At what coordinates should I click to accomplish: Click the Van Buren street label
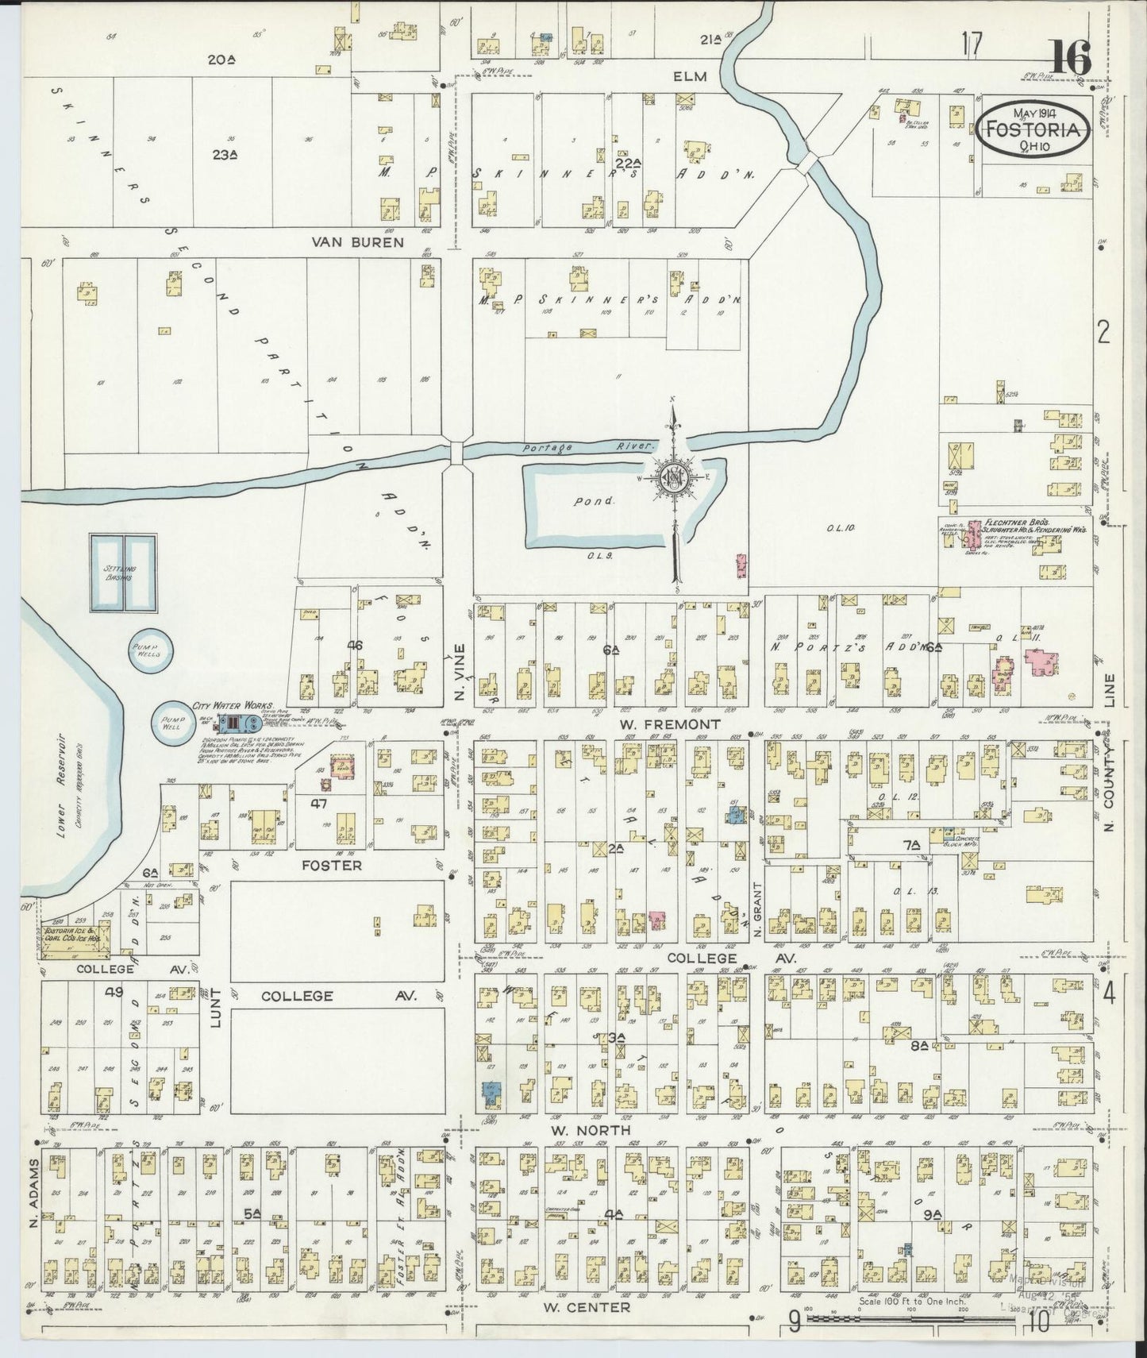(368, 242)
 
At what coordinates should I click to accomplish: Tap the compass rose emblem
(674, 479)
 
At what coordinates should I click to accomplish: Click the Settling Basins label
(117, 573)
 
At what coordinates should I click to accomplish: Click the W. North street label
(587, 1129)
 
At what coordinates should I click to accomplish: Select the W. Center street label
(587, 1306)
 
